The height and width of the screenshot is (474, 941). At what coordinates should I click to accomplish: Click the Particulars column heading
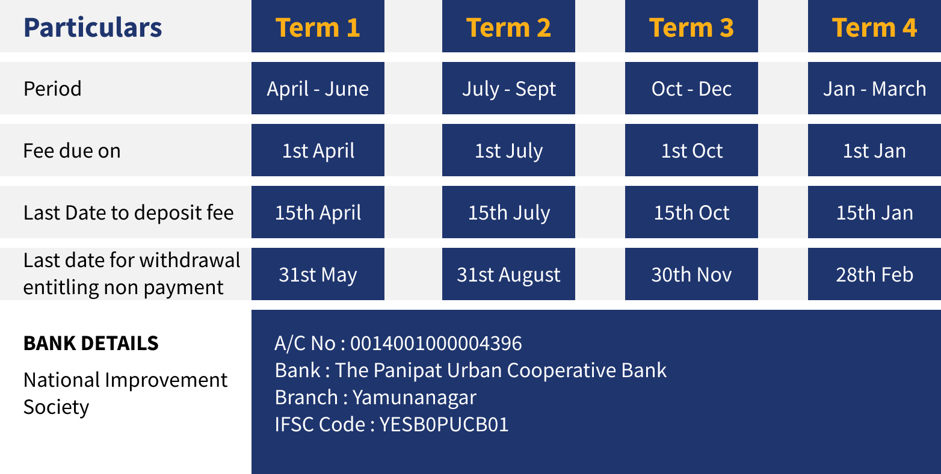(93, 28)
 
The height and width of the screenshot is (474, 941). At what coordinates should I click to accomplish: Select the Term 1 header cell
(318, 26)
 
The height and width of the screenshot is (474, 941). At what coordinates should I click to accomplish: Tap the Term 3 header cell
(691, 26)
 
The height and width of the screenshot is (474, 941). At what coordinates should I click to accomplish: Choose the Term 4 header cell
(874, 26)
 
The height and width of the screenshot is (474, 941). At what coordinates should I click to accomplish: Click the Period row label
(52, 88)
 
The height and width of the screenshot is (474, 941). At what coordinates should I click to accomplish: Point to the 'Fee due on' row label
(72, 150)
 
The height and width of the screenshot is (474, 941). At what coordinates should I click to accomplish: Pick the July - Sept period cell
(509, 88)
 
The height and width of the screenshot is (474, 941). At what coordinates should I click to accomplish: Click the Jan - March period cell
(874, 88)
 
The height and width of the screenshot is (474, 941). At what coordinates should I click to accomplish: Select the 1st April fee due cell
(318, 150)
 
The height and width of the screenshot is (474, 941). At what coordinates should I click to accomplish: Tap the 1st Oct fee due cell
(691, 150)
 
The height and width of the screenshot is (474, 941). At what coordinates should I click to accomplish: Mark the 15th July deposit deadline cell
(509, 212)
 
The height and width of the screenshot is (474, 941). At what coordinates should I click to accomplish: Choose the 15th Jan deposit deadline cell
(874, 212)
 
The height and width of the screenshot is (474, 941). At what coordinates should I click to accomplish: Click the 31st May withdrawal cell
(318, 274)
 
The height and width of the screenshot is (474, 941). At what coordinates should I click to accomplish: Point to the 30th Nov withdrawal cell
(691, 274)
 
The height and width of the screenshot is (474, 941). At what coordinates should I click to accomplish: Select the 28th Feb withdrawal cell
(874, 274)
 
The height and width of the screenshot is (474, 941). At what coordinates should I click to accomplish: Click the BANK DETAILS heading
(91, 343)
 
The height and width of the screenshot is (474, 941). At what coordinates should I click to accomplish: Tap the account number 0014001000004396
(436, 343)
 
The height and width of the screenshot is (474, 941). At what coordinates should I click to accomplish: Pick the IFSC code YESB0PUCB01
(444, 424)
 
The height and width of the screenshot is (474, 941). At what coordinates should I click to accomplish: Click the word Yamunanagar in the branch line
(414, 398)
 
